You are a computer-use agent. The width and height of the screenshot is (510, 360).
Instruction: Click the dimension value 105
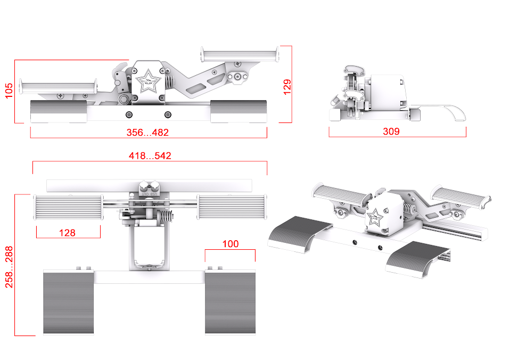(9, 91)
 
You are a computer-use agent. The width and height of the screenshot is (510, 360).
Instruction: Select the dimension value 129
(287, 87)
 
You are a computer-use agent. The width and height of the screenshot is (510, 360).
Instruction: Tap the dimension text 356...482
(147, 133)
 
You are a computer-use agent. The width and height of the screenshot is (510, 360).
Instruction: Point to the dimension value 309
(391, 131)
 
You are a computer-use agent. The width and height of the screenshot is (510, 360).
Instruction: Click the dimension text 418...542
(150, 156)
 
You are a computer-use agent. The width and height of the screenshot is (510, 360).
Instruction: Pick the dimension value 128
(67, 233)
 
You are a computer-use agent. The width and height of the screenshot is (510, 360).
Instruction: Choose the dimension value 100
(231, 244)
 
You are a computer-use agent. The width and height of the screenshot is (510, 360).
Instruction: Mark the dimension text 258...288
(9, 267)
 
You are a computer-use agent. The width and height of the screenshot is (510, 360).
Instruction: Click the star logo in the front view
(148, 81)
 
